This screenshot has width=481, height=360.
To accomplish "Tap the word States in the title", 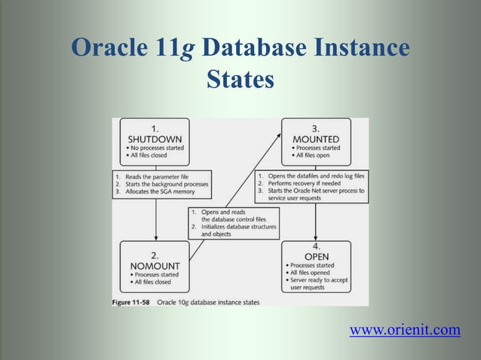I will (240, 78).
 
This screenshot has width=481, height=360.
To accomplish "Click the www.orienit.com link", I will (405, 329).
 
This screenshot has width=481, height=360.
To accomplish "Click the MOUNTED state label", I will (316, 139).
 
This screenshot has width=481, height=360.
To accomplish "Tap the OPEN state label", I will (316, 256).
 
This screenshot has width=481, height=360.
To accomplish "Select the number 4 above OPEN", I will (316, 246).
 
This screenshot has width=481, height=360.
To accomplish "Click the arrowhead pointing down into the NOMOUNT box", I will (155, 236).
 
